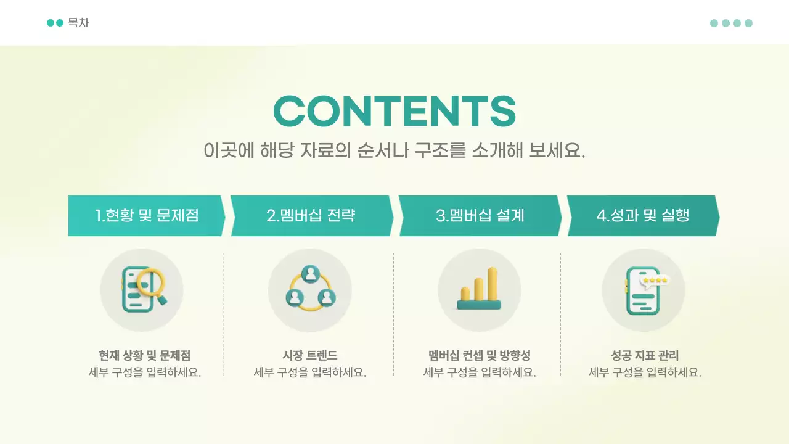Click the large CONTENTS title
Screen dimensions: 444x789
[x=394, y=112]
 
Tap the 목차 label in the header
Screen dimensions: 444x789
[x=78, y=23]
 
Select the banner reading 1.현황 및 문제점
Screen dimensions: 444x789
[x=146, y=216]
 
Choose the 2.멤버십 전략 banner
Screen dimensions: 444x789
[x=311, y=216]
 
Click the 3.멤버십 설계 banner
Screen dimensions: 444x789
[x=480, y=216]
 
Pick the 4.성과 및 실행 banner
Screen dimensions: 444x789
[x=642, y=216]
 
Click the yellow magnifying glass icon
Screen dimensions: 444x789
[x=152, y=284]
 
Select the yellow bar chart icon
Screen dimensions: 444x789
[x=479, y=290]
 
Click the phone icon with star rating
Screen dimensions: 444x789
[x=643, y=290]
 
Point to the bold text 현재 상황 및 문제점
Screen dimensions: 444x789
[x=145, y=355]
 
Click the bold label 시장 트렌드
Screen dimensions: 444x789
[x=310, y=355]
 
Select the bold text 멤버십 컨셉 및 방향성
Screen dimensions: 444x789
[x=479, y=355]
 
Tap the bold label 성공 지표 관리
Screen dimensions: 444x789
[x=645, y=355]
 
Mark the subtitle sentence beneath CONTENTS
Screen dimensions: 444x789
[x=394, y=150]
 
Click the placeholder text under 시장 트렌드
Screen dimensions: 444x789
[x=310, y=372]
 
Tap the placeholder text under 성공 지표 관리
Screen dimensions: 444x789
[x=645, y=372]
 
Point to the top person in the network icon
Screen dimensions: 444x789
[x=310, y=273]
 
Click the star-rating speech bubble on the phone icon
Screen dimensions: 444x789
[x=654, y=281]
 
